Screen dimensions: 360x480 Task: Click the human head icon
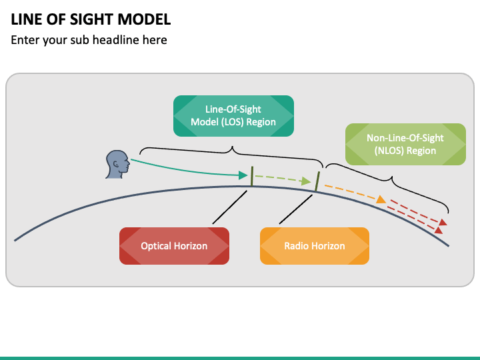[x=117, y=164]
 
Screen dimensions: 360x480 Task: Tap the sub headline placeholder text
[x=89, y=40]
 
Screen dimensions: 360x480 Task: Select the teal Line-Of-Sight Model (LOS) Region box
[x=233, y=116]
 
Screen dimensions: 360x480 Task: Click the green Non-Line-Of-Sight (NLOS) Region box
[x=405, y=144]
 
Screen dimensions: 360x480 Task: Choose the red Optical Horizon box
[x=174, y=246]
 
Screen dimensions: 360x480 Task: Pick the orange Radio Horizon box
[x=315, y=246]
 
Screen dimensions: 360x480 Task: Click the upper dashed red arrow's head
[x=444, y=223]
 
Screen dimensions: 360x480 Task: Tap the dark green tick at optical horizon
[x=251, y=176]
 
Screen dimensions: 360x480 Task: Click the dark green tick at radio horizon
[x=317, y=181]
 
